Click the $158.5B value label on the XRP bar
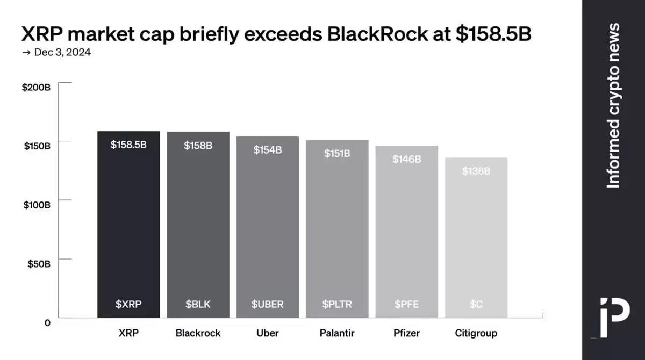(128, 145)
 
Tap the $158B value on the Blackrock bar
(198, 145)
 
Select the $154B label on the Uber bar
(267, 150)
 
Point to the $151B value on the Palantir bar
(337, 153)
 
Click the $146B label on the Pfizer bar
(406, 159)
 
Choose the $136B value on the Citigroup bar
(476, 171)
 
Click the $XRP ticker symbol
(128, 304)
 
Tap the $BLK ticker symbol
(198, 304)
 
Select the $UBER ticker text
(267, 304)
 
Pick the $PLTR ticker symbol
(337, 304)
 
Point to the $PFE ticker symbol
(406, 304)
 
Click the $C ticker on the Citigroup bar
(476, 304)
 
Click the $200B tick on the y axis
(36, 87)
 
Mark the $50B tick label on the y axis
(39, 264)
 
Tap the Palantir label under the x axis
(337, 333)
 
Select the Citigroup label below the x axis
(476, 333)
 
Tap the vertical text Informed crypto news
(613, 105)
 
